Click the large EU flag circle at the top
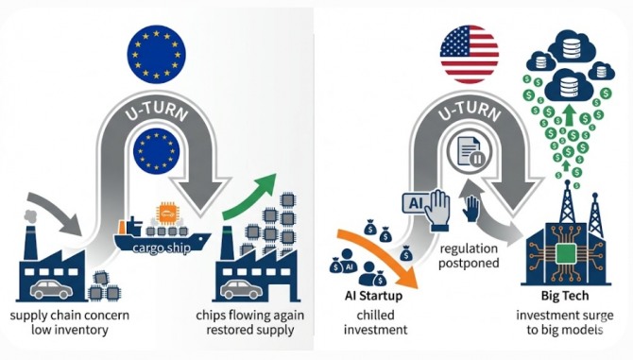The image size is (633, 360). [x=156, y=54]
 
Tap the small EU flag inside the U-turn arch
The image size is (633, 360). [x=156, y=151]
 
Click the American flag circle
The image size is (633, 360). [x=470, y=54]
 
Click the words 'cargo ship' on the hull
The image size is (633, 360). [x=162, y=248]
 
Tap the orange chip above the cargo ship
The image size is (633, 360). [x=166, y=214]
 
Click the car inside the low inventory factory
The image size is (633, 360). [x=52, y=289]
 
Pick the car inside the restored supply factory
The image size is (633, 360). [x=241, y=289]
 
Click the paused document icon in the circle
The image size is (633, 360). [x=470, y=151]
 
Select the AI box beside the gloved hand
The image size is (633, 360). [x=416, y=203]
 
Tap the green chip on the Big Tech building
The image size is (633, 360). [x=566, y=254]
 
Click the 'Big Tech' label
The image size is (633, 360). [x=565, y=297]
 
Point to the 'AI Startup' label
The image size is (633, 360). [x=373, y=296]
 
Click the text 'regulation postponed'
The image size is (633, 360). [x=469, y=256]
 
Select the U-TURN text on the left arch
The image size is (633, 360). [x=157, y=110]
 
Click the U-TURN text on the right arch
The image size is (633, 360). [x=470, y=110]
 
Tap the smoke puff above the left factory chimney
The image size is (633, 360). [x=30, y=216]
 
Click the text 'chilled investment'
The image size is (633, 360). [x=375, y=322]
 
